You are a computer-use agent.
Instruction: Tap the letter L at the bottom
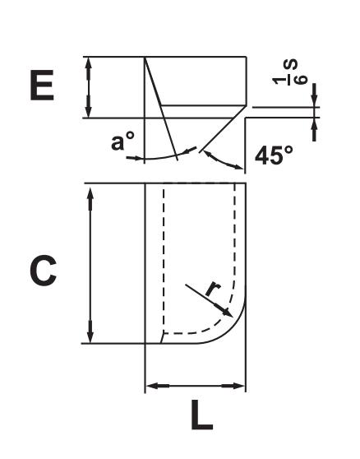tap(200, 417)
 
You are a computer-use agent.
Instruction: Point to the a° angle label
tap(123, 142)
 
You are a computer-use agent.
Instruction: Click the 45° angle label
tap(275, 155)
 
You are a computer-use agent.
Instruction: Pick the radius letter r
tap(211, 288)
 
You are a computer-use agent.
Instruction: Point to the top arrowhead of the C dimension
tap(90, 189)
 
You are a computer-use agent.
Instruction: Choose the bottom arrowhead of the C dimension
tap(90, 337)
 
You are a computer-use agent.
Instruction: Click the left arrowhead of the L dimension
tap(150, 385)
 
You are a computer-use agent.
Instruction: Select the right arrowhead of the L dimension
tap(242, 385)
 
